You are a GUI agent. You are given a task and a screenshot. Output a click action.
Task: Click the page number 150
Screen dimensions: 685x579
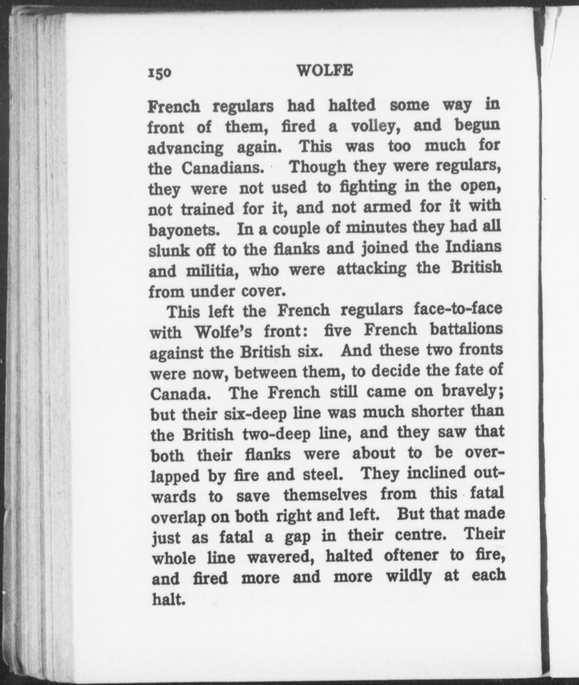click(x=160, y=73)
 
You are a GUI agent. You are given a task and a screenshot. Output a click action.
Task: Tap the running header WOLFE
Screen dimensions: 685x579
click(x=325, y=70)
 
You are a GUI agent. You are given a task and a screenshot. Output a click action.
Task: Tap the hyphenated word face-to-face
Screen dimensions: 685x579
click(x=458, y=309)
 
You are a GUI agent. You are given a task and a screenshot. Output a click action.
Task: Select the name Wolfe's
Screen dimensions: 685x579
click(x=223, y=332)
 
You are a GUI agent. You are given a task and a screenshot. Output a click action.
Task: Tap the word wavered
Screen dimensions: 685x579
click(x=280, y=557)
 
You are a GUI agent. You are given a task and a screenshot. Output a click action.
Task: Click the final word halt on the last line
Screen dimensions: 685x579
click(x=168, y=599)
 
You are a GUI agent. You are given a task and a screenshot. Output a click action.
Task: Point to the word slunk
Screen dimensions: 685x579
click(x=166, y=251)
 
